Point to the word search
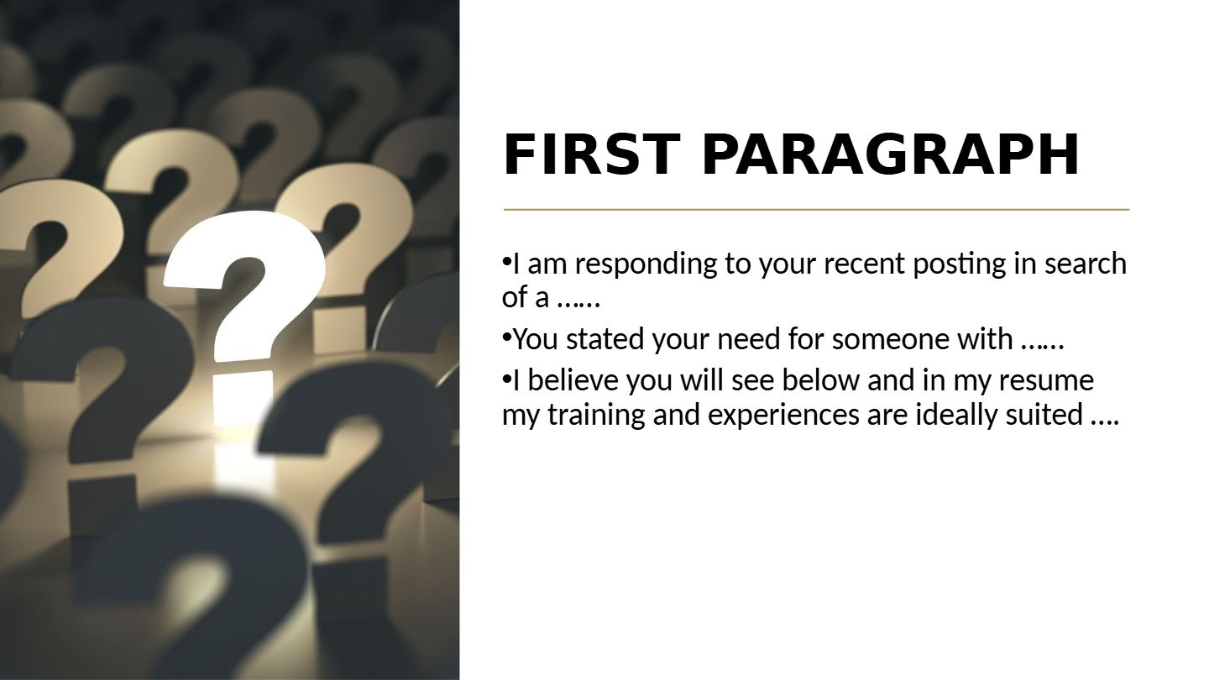tap(1086, 264)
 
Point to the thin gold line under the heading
tap(816, 209)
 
